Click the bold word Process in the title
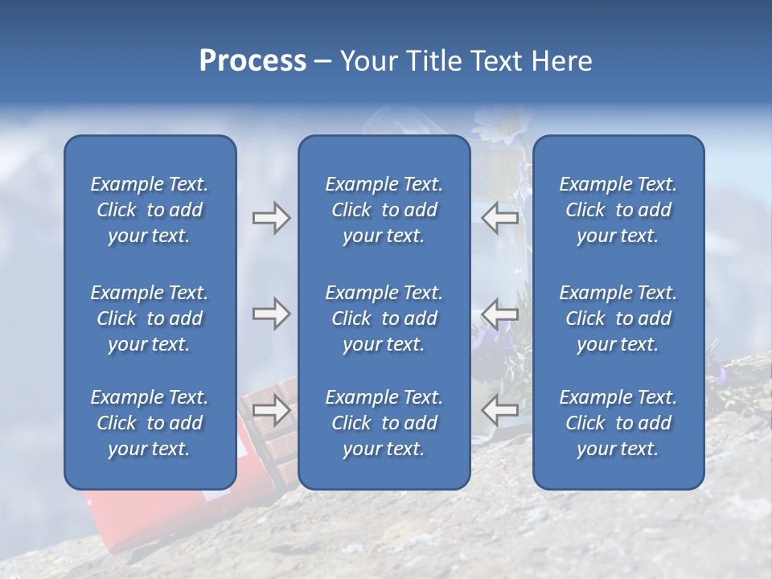tap(253, 61)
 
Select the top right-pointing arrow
tap(271, 218)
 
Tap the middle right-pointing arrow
tap(271, 314)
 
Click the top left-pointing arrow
tap(499, 218)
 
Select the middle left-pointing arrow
tap(499, 314)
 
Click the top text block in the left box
tap(150, 210)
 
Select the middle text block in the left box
tap(150, 318)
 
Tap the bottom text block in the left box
tap(150, 423)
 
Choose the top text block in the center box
tap(384, 210)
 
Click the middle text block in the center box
tap(384, 318)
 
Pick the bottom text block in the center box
tap(384, 423)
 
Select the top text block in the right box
tap(618, 210)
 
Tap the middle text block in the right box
tap(618, 318)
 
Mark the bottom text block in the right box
tap(618, 423)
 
